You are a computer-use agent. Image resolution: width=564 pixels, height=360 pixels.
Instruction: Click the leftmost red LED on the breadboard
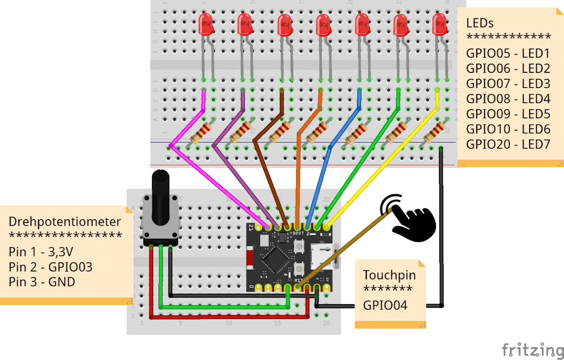206,25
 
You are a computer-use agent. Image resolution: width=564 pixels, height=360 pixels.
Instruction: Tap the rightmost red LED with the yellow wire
440,25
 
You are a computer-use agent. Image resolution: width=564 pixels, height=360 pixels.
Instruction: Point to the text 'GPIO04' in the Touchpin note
385,305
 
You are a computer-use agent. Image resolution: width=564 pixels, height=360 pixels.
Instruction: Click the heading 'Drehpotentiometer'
65,222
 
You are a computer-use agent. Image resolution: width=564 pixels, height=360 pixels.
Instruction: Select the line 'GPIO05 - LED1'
508,53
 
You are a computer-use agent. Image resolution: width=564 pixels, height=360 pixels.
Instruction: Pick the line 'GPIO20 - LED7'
508,144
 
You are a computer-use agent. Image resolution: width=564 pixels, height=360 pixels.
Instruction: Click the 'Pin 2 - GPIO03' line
50,267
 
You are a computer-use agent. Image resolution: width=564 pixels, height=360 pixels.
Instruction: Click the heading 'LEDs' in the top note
480,23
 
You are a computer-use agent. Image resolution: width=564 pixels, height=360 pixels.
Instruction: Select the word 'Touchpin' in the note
389,275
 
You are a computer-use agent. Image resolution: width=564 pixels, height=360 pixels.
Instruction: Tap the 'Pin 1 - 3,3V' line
41,251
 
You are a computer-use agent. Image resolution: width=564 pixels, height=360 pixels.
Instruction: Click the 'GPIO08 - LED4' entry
508,99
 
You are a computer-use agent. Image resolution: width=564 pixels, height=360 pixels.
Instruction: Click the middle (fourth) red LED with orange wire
323,25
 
